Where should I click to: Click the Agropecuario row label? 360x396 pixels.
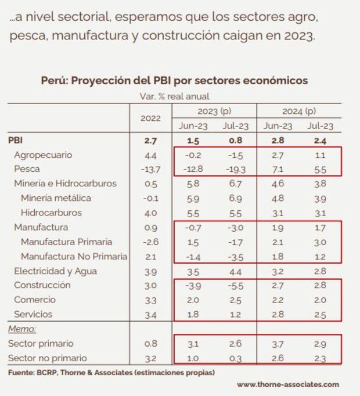tap(43, 155)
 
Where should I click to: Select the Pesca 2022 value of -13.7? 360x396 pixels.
tap(150, 170)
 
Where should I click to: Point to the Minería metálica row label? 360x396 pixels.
tap(56, 198)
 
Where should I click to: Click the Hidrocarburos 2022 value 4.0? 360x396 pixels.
tap(150, 213)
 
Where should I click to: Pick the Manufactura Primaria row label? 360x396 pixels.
tap(66, 242)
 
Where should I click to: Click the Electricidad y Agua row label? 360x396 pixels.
tap(55, 271)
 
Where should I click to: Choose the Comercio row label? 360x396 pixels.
tap(35, 300)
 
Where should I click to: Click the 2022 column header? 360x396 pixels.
tap(150, 118)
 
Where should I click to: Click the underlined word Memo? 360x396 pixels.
tap(22, 329)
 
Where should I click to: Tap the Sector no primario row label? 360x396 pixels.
tap(47, 358)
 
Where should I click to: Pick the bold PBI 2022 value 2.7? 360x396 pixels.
tap(150, 141)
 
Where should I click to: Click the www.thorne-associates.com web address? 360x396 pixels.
tap(287, 384)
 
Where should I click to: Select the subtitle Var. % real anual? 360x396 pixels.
tap(174, 96)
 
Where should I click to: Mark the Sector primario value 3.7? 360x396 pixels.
tap(278, 343)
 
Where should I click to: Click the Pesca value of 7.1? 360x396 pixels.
tap(278, 170)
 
